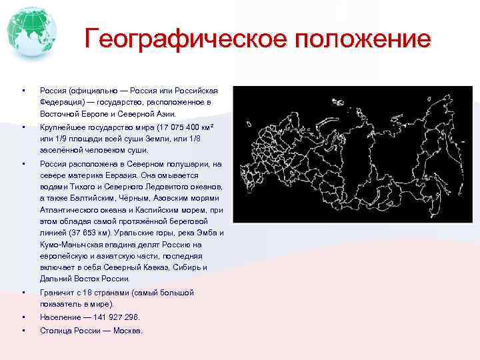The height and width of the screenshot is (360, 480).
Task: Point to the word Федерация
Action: tap(63, 102)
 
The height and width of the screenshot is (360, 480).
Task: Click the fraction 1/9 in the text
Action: tap(67, 138)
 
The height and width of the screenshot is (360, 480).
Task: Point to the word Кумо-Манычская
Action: tap(70, 244)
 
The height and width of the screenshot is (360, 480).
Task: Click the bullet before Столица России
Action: tap(23, 331)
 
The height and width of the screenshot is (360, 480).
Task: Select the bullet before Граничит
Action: tap(23, 292)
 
